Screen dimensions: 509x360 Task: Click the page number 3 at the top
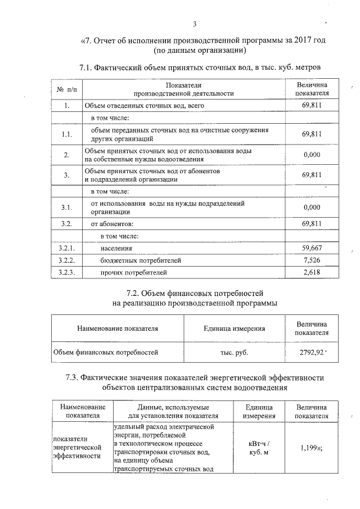click(195, 24)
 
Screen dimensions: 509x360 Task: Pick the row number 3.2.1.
click(66, 247)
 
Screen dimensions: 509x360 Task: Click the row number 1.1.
click(66, 134)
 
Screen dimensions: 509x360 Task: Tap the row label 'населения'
click(116, 247)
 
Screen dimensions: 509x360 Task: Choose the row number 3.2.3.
click(66, 273)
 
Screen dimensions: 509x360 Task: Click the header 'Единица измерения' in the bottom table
click(259, 411)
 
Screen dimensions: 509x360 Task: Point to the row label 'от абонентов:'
click(112, 223)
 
